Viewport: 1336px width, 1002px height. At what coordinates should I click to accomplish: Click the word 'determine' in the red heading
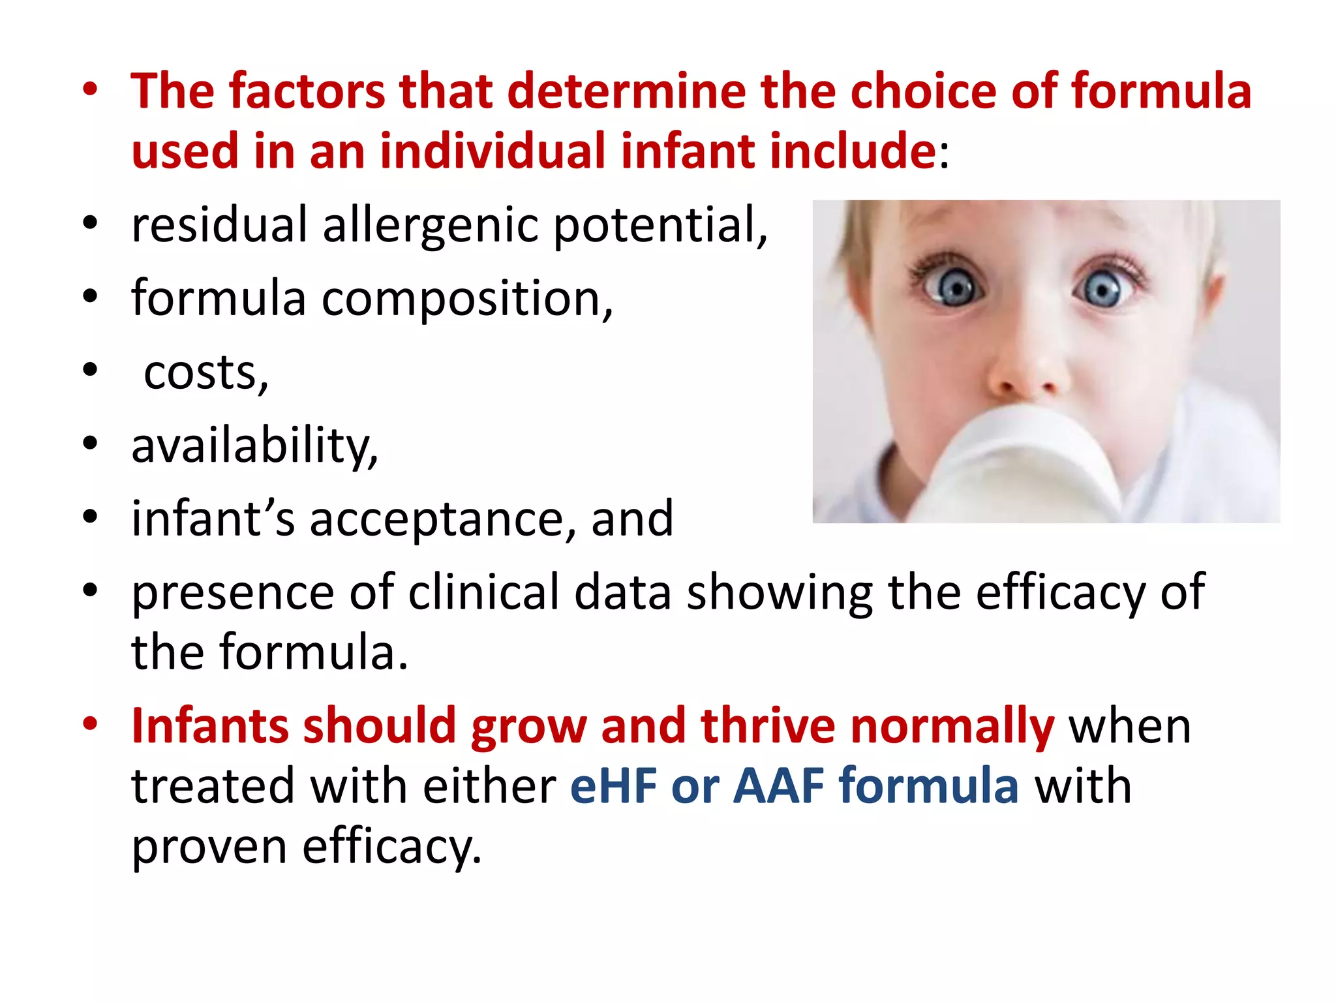[x=626, y=91]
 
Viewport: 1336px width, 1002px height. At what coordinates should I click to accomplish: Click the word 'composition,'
[x=467, y=299]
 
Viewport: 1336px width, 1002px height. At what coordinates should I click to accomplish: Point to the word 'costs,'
[x=205, y=373]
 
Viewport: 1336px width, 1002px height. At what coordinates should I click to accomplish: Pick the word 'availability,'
[x=254, y=446]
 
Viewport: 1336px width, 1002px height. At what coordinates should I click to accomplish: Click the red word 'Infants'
[x=210, y=725]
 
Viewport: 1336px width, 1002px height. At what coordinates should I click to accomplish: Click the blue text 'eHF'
[x=613, y=785]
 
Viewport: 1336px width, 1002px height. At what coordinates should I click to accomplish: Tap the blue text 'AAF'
[x=779, y=785]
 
